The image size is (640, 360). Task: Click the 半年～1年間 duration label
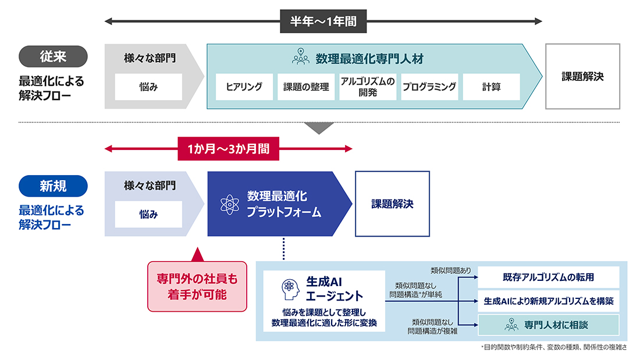323,22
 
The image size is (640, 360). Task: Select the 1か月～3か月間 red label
228,149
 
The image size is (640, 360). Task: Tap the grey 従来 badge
53,56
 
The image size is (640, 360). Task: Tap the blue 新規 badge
53,186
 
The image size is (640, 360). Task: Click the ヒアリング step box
244,87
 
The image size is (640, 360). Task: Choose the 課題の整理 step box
306,87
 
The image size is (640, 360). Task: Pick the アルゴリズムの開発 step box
368,87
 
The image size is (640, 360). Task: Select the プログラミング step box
429,87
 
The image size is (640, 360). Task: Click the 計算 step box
491,87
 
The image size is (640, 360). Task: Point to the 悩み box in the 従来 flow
148,87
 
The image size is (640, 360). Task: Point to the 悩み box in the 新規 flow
148,215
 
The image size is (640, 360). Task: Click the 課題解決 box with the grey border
582,76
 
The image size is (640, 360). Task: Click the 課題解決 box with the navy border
392,204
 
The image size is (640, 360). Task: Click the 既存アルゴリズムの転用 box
548,277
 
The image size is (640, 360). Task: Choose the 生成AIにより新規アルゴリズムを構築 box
548,301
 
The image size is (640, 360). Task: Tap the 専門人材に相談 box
548,325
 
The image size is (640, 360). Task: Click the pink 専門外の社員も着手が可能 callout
197,286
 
